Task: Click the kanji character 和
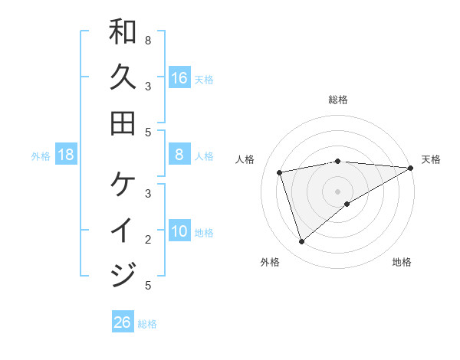pyautogui.click(x=123, y=33)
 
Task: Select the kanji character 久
pyautogui.click(x=123, y=77)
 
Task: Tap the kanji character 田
pyautogui.click(x=123, y=123)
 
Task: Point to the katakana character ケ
pyautogui.click(x=123, y=185)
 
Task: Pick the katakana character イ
pyautogui.click(x=123, y=230)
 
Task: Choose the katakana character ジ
pyautogui.click(x=123, y=274)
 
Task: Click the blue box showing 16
pyautogui.click(x=179, y=78)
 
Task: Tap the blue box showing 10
pyautogui.click(x=179, y=231)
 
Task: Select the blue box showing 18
pyautogui.click(x=66, y=155)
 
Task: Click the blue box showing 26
pyautogui.click(x=122, y=322)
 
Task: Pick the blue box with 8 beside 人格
pyautogui.click(x=179, y=155)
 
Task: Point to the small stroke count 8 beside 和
pyautogui.click(x=148, y=40)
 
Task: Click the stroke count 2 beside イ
pyautogui.click(x=148, y=239)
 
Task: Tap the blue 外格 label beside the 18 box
pyautogui.click(x=41, y=156)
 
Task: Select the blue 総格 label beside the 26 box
pyautogui.click(x=147, y=323)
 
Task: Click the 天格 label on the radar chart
pyautogui.click(x=431, y=159)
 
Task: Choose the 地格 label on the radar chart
pyautogui.click(x=402, y=262)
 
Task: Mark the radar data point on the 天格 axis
pyautogui.click(x=411, y=168)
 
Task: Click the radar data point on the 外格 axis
pyautogui.click(x=301, y=242)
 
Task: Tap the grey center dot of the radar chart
pyautogui.click(x=338, y=191)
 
